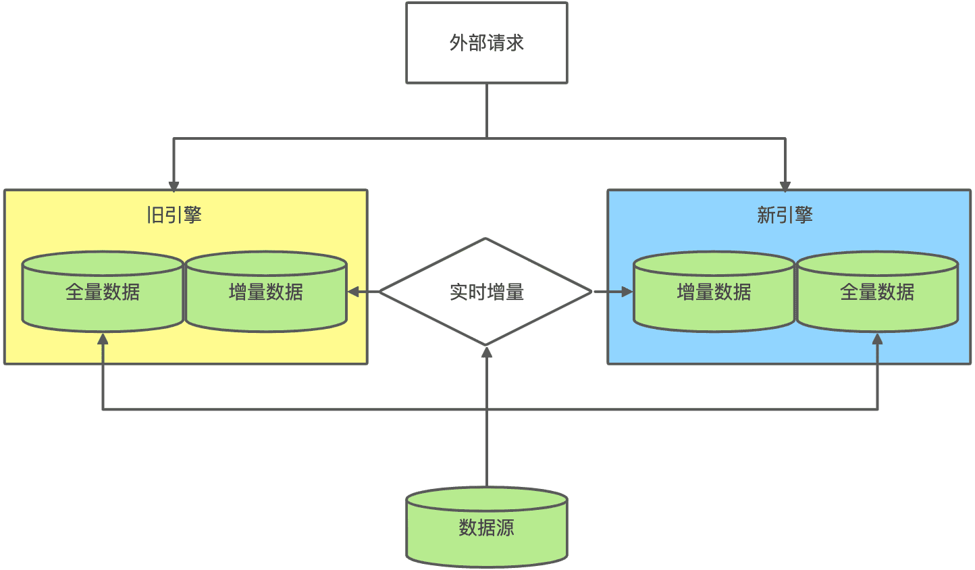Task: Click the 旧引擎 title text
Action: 174,215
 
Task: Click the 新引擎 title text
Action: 785,215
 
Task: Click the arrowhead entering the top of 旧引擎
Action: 174,186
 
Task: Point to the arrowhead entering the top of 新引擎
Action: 785,186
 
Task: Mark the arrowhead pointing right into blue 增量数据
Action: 627,292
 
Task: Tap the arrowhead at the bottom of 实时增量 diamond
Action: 486,352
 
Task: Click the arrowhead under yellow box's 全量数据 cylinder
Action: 103,338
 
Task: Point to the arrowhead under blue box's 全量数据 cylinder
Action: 877,338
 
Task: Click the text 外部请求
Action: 486,43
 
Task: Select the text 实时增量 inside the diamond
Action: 486,292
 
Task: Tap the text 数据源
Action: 486,527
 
